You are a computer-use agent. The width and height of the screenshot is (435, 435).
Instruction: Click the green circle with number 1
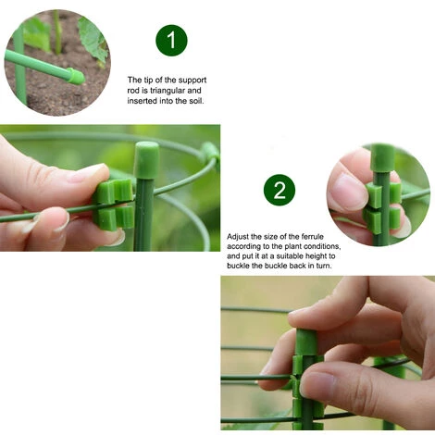171,40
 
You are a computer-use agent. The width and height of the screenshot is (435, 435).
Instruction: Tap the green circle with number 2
280,191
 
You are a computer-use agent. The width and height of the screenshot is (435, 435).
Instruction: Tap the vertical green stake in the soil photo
19,65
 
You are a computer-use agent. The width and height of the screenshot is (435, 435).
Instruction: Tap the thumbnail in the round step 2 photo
350,193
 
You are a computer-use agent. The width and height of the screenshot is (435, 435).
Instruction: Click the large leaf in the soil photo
93,37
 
